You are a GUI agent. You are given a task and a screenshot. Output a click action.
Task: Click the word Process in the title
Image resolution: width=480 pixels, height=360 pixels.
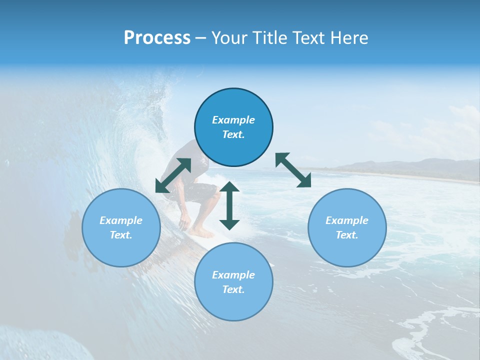coord(157,38)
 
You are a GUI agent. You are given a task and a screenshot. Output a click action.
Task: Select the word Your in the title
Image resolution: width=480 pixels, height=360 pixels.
coord(230,38)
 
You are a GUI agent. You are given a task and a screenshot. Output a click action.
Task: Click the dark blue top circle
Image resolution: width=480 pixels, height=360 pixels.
coord(233,105)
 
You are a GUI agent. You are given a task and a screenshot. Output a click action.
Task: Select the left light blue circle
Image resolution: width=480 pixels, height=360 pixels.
coord(121,245)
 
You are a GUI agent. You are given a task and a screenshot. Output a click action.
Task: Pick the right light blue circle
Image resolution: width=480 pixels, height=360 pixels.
coord(347,245)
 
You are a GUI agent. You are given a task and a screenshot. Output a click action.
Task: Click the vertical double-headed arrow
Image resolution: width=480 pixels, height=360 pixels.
coord(229,205)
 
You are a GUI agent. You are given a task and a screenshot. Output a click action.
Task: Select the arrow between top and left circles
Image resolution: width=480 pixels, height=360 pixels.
coord(173,175)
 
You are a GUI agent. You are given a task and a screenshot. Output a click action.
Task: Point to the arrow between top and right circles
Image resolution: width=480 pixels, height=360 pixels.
coord(293,170)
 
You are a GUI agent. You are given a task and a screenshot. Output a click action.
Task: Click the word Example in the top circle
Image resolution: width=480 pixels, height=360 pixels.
coord(233,120)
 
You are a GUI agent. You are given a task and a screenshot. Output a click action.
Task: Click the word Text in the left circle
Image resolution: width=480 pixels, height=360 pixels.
coord(121,235)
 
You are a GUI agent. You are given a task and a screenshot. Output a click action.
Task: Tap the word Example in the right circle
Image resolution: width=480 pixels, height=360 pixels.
coord(347,220)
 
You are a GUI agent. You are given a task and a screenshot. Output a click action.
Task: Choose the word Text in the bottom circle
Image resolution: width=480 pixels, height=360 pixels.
coord(233,289)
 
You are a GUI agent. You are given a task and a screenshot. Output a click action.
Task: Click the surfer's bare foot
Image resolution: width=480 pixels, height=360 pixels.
coord(202,232)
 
